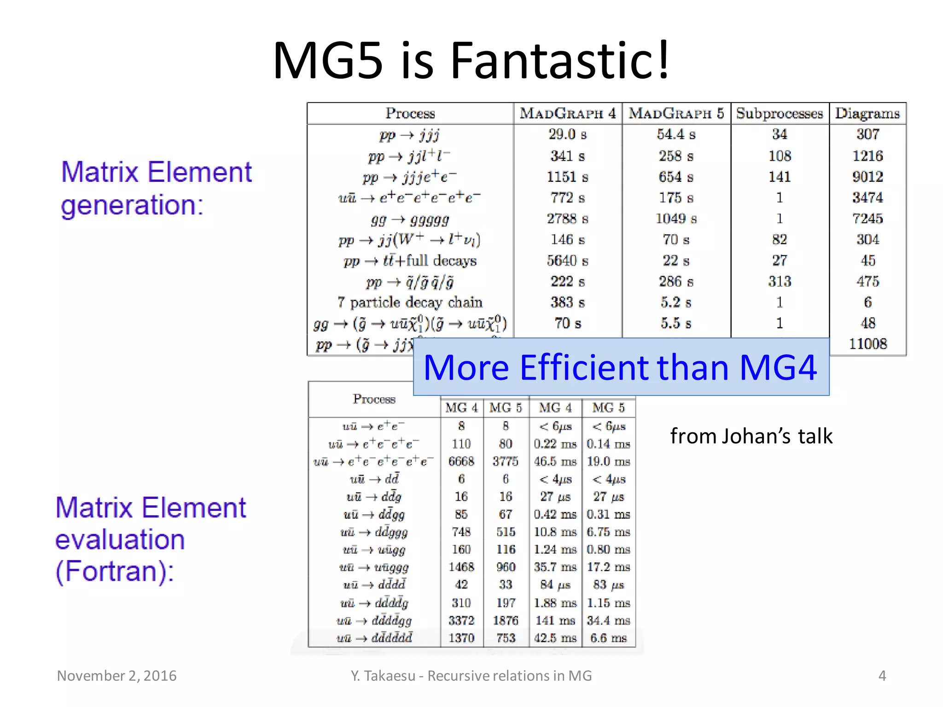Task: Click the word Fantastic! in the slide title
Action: coord(559,61)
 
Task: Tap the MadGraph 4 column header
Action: coord(568,113)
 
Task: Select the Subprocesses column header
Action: coord(780,113)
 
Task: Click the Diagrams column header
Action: coord(867,113)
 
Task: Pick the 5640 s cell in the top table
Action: coord(568,261)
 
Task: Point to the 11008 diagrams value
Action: coord(867,344)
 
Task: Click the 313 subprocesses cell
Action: coord(780,281)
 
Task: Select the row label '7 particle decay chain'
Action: coord(410,302)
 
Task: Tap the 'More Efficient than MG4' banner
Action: coord(621,367)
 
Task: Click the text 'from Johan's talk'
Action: coord(751,436)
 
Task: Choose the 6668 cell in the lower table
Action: coord(461,461)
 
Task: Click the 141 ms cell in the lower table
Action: coord(555,620)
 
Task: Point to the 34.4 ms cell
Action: coord(608,620)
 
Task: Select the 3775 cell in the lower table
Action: coord(506,461)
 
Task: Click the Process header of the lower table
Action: coord(374,399)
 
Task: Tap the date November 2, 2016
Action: coord(116,676)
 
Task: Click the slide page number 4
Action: coord(882,676)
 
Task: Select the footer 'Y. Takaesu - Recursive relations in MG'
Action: coord(471,676)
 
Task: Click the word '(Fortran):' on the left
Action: coord(115,571)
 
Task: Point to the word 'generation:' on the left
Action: coord(132,205)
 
